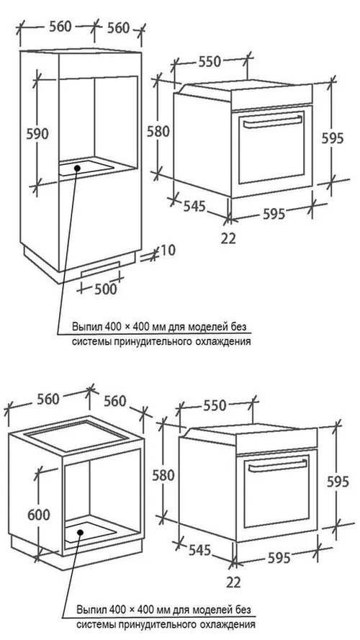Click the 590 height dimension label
tap(37, 133)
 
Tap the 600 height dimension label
tap(39, 515)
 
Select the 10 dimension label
tap(167, 250)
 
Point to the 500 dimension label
tap(105, 289)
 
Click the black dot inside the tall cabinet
tap(77, 167)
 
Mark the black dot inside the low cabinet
tap(81, 532)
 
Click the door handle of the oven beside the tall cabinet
tap(270, 121)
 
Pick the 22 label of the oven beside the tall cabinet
tap(228, 238)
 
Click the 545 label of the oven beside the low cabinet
tap(199, 550)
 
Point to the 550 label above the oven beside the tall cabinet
tap(210, 62)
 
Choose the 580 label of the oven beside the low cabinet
tap(163, 475)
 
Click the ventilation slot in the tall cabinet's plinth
tap(100, 269)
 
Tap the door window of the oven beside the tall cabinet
tap(271, 147)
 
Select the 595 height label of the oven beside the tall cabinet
tap(333, 138)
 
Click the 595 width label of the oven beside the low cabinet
tap(279, 557)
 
